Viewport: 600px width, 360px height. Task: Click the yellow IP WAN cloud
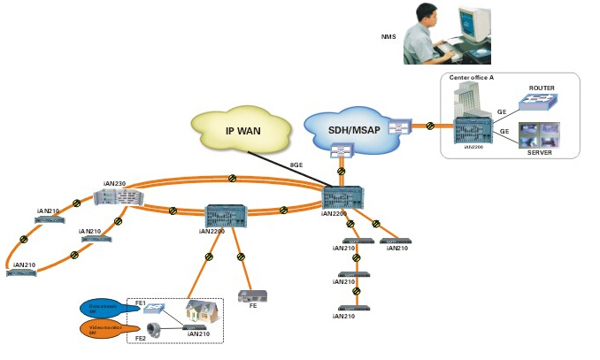tap(243, 134)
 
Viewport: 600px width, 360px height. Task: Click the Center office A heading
tap(471, 78)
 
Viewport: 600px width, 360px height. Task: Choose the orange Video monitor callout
tap(105, 329)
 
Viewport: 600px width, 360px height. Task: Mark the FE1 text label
tap(140, 303)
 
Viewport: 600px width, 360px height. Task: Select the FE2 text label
tap(140, 338)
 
